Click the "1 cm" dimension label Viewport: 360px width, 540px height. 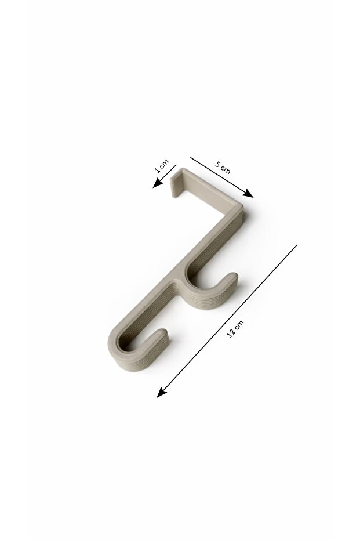162,166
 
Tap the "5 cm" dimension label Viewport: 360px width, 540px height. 223,167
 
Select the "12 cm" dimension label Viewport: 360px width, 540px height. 235,329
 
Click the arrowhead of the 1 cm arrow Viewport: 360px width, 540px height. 157,183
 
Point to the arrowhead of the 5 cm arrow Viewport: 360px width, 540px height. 248,194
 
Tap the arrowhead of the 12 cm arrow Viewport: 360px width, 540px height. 161,393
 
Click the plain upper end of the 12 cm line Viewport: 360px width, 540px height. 296,245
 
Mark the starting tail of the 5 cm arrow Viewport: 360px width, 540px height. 191,158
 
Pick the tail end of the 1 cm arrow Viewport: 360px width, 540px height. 176,165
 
